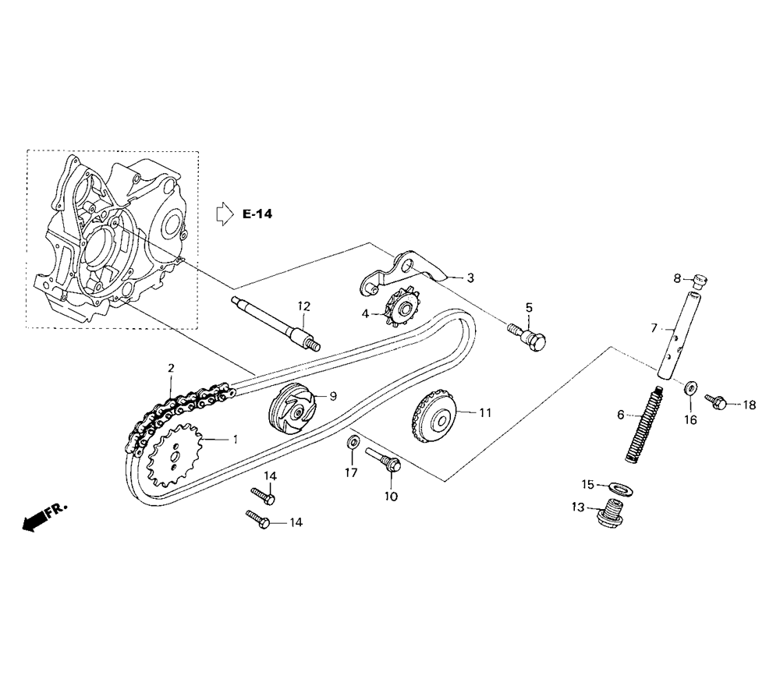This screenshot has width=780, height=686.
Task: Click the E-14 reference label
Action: click(257, 214)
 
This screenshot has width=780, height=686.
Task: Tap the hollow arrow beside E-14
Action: click(225, 214)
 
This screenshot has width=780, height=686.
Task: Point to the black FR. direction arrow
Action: click(44, 517)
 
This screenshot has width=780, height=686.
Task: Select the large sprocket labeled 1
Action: click(174, 454)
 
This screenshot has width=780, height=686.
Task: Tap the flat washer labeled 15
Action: click(619, 488)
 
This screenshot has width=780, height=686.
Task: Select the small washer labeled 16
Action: click(691, 387)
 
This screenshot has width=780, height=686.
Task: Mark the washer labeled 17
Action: click(353, 441)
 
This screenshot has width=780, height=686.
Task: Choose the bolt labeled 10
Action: click(383, 460)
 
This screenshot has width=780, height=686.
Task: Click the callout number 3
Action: click(470, 278)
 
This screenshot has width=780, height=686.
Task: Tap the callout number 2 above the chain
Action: click(171, 369)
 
